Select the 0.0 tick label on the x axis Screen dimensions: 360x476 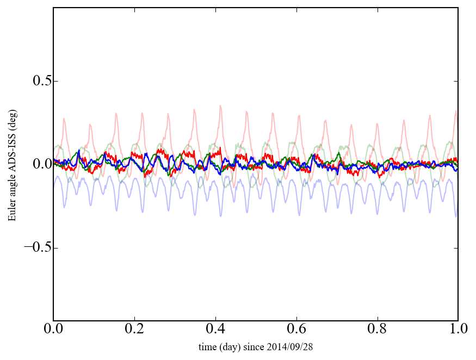click(x=53, y=330)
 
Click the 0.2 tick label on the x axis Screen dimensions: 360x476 click(x=134, y=330)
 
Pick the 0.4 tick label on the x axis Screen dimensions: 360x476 click(x=215, y=330)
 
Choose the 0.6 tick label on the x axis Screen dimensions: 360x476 click(x=296, y=330)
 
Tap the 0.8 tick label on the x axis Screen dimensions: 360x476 click(x=377, y=330)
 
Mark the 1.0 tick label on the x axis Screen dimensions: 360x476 click(x=458, y=330)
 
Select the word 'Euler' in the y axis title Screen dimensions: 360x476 click(x=12, y=211)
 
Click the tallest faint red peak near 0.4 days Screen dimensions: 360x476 click(x=220, y=106)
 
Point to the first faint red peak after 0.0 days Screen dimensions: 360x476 click(x=64, y=119)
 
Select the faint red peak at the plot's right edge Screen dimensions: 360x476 click(x=456, y=111)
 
